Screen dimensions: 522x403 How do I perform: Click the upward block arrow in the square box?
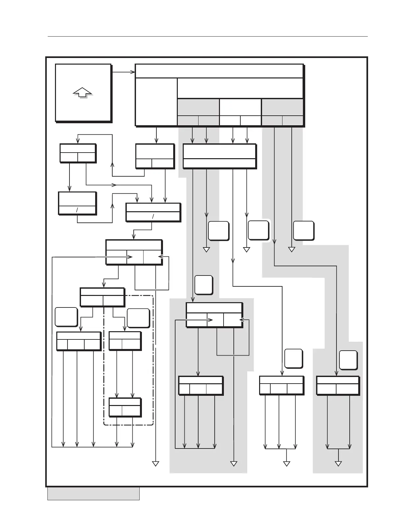point(82,92)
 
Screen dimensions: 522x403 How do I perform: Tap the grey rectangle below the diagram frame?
point(93,494)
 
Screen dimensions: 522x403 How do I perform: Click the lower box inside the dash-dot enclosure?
point(125,407)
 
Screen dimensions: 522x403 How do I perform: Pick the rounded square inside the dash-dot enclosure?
point(138,318)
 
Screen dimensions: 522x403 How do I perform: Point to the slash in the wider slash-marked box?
point(153,217)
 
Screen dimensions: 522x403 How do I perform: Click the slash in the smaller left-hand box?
point(77,210)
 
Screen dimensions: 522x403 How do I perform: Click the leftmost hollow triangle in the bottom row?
point(155,464)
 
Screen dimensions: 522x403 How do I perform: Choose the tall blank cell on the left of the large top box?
point(156,102)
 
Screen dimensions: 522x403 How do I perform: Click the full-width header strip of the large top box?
point(219,71)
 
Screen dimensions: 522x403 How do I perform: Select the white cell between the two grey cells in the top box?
point(240,107)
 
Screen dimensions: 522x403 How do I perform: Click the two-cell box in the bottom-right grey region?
point(337,385)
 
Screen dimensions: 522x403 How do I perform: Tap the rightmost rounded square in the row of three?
point(304,231)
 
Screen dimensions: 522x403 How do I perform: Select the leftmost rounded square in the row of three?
point(218,231)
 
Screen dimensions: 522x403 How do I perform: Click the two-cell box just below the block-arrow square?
point(78,153)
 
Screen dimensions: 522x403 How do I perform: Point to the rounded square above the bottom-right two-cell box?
point(348,360)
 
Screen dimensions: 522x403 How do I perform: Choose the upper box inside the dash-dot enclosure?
point(125,341)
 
